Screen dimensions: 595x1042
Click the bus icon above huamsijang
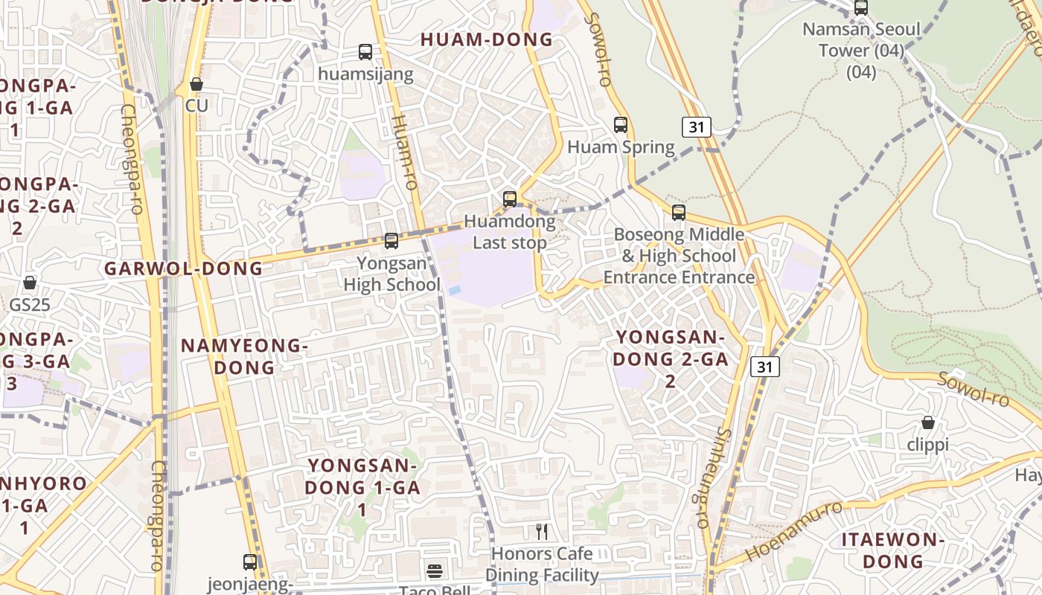click(x=365, y=52)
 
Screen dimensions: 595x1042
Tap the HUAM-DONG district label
click(x=487, y=39)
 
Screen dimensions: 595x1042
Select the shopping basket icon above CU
click(x=196, y=85)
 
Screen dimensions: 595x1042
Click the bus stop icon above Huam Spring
click(x=621, y=125)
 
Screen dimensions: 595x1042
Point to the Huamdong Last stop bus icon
click(x=510, y=199)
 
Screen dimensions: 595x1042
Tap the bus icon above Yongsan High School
click(x=391, y=241)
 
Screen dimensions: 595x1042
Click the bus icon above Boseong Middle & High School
click(x=678, y=213)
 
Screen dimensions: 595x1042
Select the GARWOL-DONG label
click(x=184, y=268)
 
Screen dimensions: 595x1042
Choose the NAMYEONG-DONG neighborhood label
click(x=244, y=356)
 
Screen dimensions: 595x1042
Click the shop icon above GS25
click(x=30, y=283)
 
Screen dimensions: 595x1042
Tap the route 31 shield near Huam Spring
click(x=696, y=127)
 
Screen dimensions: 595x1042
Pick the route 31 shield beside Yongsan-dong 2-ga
click(x=765, y=366)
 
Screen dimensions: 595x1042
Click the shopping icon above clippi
click(x=928, y=423)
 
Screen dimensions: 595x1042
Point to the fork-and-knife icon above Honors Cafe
click(x=542, y=532)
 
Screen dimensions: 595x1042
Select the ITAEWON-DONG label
click(x=893, y=550)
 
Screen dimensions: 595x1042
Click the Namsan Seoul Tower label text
click(x=861, y=40)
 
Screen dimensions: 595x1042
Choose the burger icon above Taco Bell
click(x=435, y=571)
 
